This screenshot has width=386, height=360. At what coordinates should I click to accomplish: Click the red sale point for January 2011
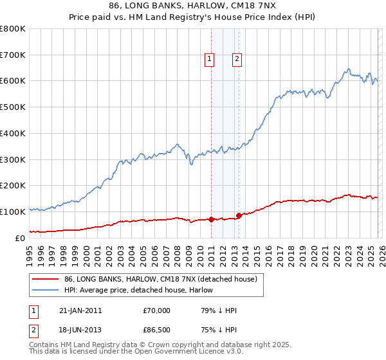click(x=211, y=219)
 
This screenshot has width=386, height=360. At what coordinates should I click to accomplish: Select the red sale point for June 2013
click(x=239, y=215)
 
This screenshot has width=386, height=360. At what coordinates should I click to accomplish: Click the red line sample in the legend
click(x=46, y=279)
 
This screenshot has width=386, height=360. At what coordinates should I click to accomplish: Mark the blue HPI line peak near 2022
click(x=348, y=69)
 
